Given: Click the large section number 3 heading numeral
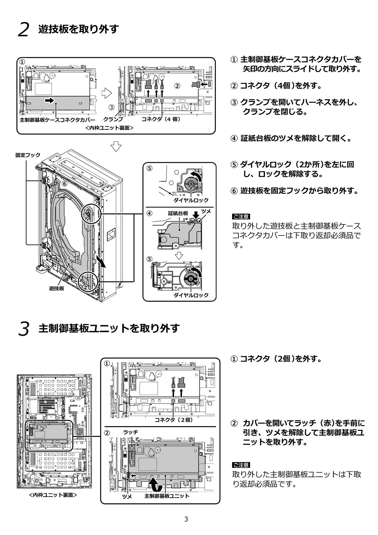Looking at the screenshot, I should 24,329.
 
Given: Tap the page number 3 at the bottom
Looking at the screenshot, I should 186,519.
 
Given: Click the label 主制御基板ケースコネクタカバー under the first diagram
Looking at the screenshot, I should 57,120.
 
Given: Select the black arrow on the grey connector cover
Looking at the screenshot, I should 50,101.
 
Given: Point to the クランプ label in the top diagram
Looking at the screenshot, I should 113,119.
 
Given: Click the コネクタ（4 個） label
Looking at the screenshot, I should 161,119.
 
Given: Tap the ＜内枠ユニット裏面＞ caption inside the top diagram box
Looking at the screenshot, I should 109,128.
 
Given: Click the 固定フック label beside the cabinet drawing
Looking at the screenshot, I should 28,155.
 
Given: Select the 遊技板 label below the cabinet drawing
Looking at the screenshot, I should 56,288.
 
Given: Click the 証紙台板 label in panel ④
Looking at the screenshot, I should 178,213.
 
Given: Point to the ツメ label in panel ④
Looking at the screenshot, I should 206,211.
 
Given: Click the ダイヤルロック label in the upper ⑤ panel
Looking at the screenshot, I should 191,200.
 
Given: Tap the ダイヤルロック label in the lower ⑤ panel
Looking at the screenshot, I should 191,295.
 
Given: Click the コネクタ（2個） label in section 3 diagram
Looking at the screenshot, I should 174,420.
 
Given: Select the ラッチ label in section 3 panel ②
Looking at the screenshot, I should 131,432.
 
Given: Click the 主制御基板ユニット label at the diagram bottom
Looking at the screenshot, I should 167,496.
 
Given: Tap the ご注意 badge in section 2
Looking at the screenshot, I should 241,217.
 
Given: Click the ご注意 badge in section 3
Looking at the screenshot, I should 241,465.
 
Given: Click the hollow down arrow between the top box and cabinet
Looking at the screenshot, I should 116,146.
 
